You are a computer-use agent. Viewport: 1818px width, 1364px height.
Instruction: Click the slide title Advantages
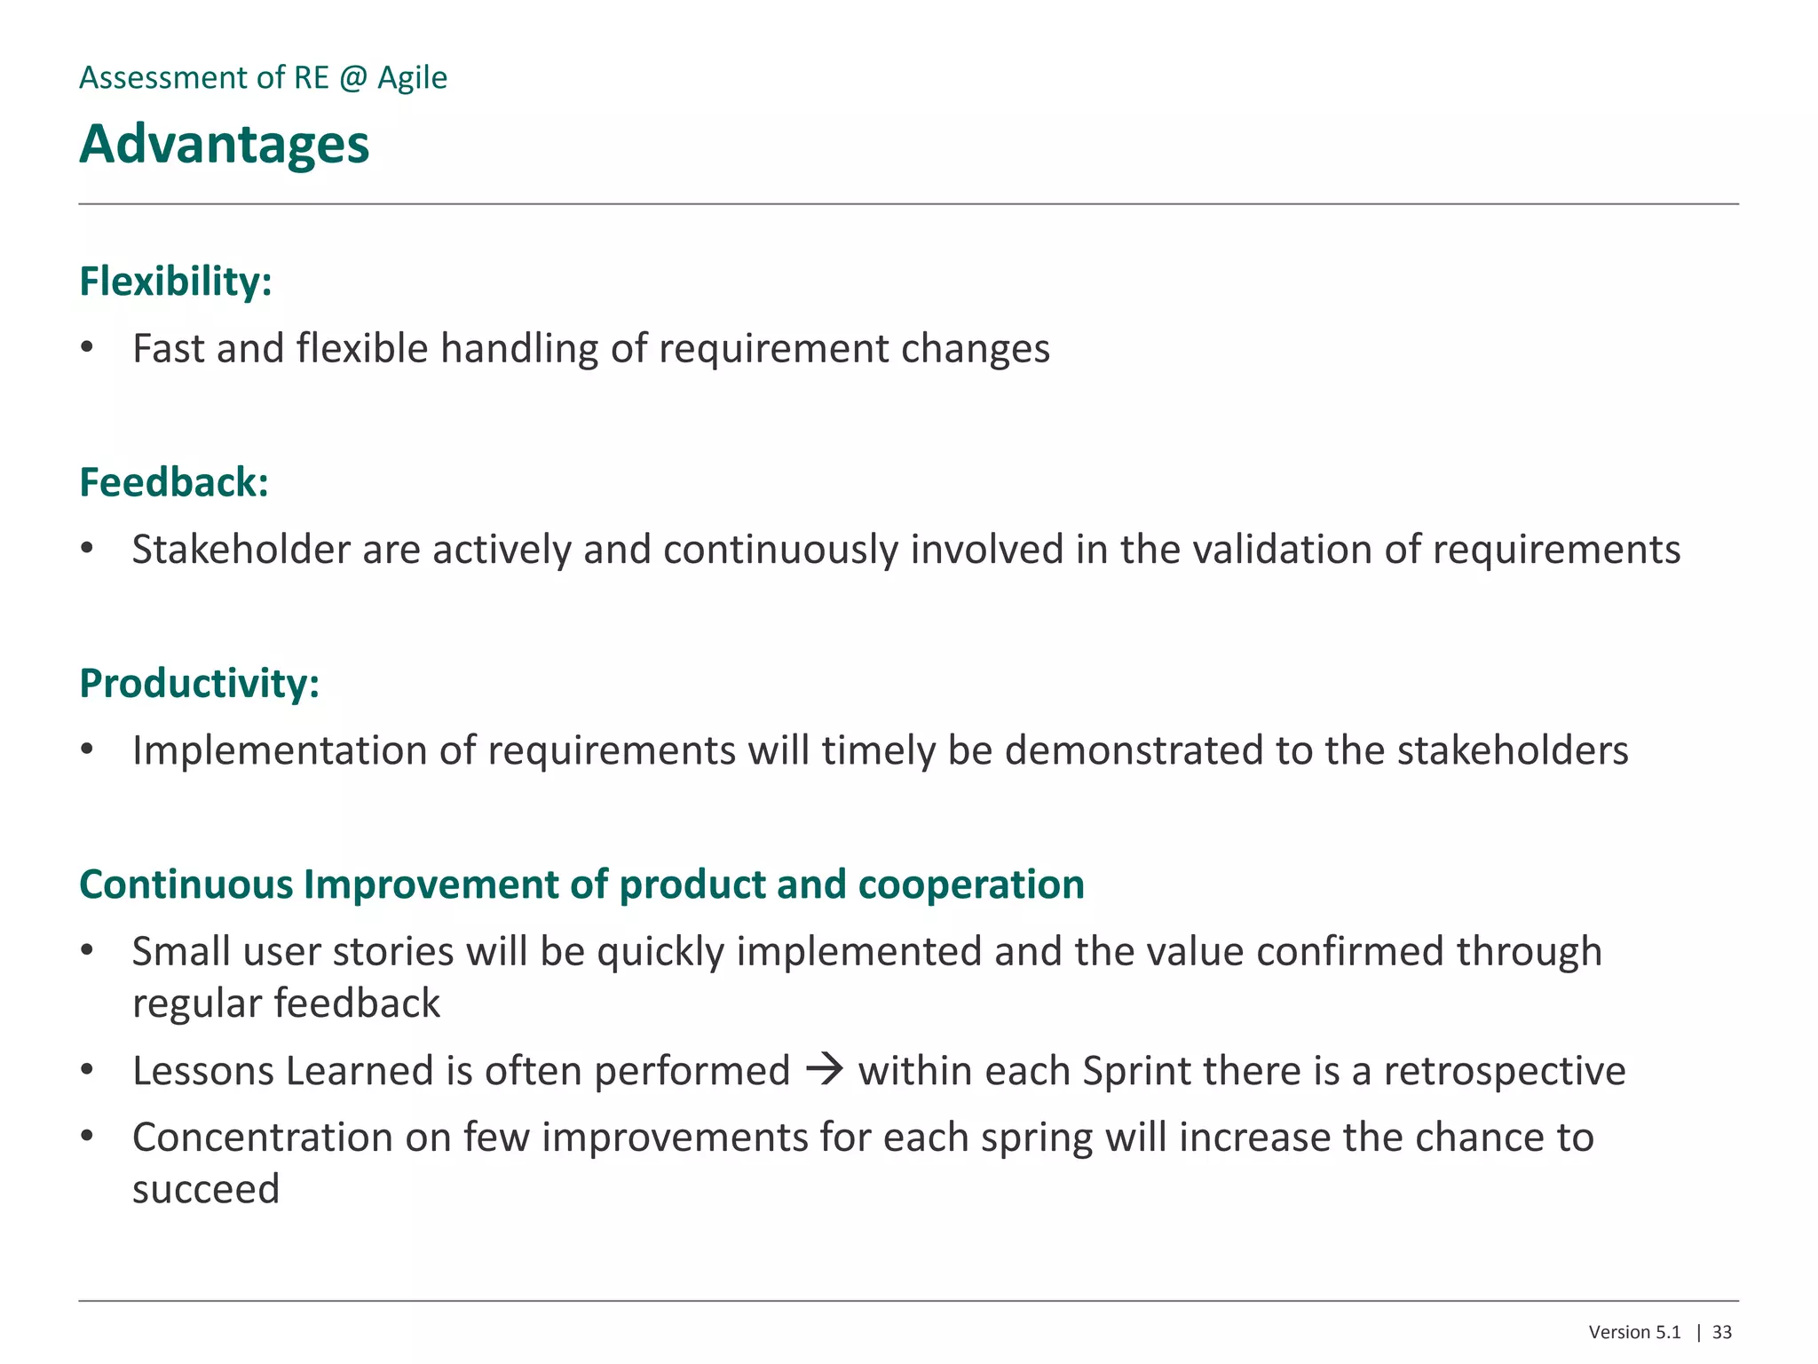pos(224,144)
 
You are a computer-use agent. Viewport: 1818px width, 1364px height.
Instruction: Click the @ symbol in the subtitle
pos(352,78)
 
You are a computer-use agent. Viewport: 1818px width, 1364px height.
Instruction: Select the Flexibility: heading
pos(175,282)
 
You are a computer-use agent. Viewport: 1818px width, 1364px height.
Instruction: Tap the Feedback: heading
pos(173,482)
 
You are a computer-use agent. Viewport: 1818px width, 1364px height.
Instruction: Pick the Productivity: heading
pos(199,683)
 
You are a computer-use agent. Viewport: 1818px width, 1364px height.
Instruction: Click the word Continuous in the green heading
pos(186,884)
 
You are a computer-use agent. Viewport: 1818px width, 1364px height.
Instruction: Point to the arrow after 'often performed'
pos(824,1068)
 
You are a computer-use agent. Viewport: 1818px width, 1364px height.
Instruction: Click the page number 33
pos(1721,1332)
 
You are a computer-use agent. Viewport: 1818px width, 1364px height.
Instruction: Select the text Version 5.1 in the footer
pos(1634,1332)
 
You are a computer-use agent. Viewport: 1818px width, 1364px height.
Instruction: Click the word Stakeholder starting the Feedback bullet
pos(241,550)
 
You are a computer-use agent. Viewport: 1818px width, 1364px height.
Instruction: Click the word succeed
pos(206,1189)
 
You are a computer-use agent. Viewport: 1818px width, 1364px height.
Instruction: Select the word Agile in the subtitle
pos(412,78)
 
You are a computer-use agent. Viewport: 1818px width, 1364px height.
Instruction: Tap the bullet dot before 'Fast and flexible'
pos(87,347)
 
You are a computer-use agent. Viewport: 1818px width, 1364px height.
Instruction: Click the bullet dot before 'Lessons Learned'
pos(87,1070)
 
